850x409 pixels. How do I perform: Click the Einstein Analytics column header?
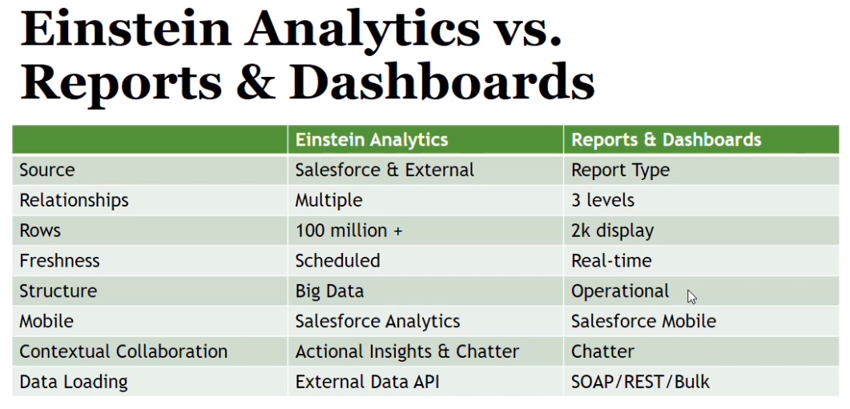coord(372,140)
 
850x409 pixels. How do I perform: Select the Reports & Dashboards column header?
coord(667,140)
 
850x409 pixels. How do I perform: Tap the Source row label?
coord(47,170)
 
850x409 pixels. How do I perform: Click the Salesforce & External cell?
coord(385,170)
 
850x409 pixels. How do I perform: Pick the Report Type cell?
coord(620,170)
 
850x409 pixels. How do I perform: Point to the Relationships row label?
coord(74,200)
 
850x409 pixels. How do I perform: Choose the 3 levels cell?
coord(602,200)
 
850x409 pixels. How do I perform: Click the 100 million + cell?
coord(348,231)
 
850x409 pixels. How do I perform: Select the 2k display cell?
coord(612,231)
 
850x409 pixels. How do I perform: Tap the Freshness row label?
coord(59,261)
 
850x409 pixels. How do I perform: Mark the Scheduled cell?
coord(337,261)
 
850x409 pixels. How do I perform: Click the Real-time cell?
coord(611,261)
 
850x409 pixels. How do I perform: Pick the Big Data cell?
coord(329,291)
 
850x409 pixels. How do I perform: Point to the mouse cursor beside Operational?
coord(691,297)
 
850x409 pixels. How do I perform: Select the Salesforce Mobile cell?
coord(643,321)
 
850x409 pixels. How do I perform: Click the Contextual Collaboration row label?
coord(123,351)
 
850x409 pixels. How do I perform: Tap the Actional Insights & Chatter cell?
coord(407,352)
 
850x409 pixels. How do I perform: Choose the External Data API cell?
coord(367,382)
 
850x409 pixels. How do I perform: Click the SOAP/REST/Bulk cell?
coord(640,383)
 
